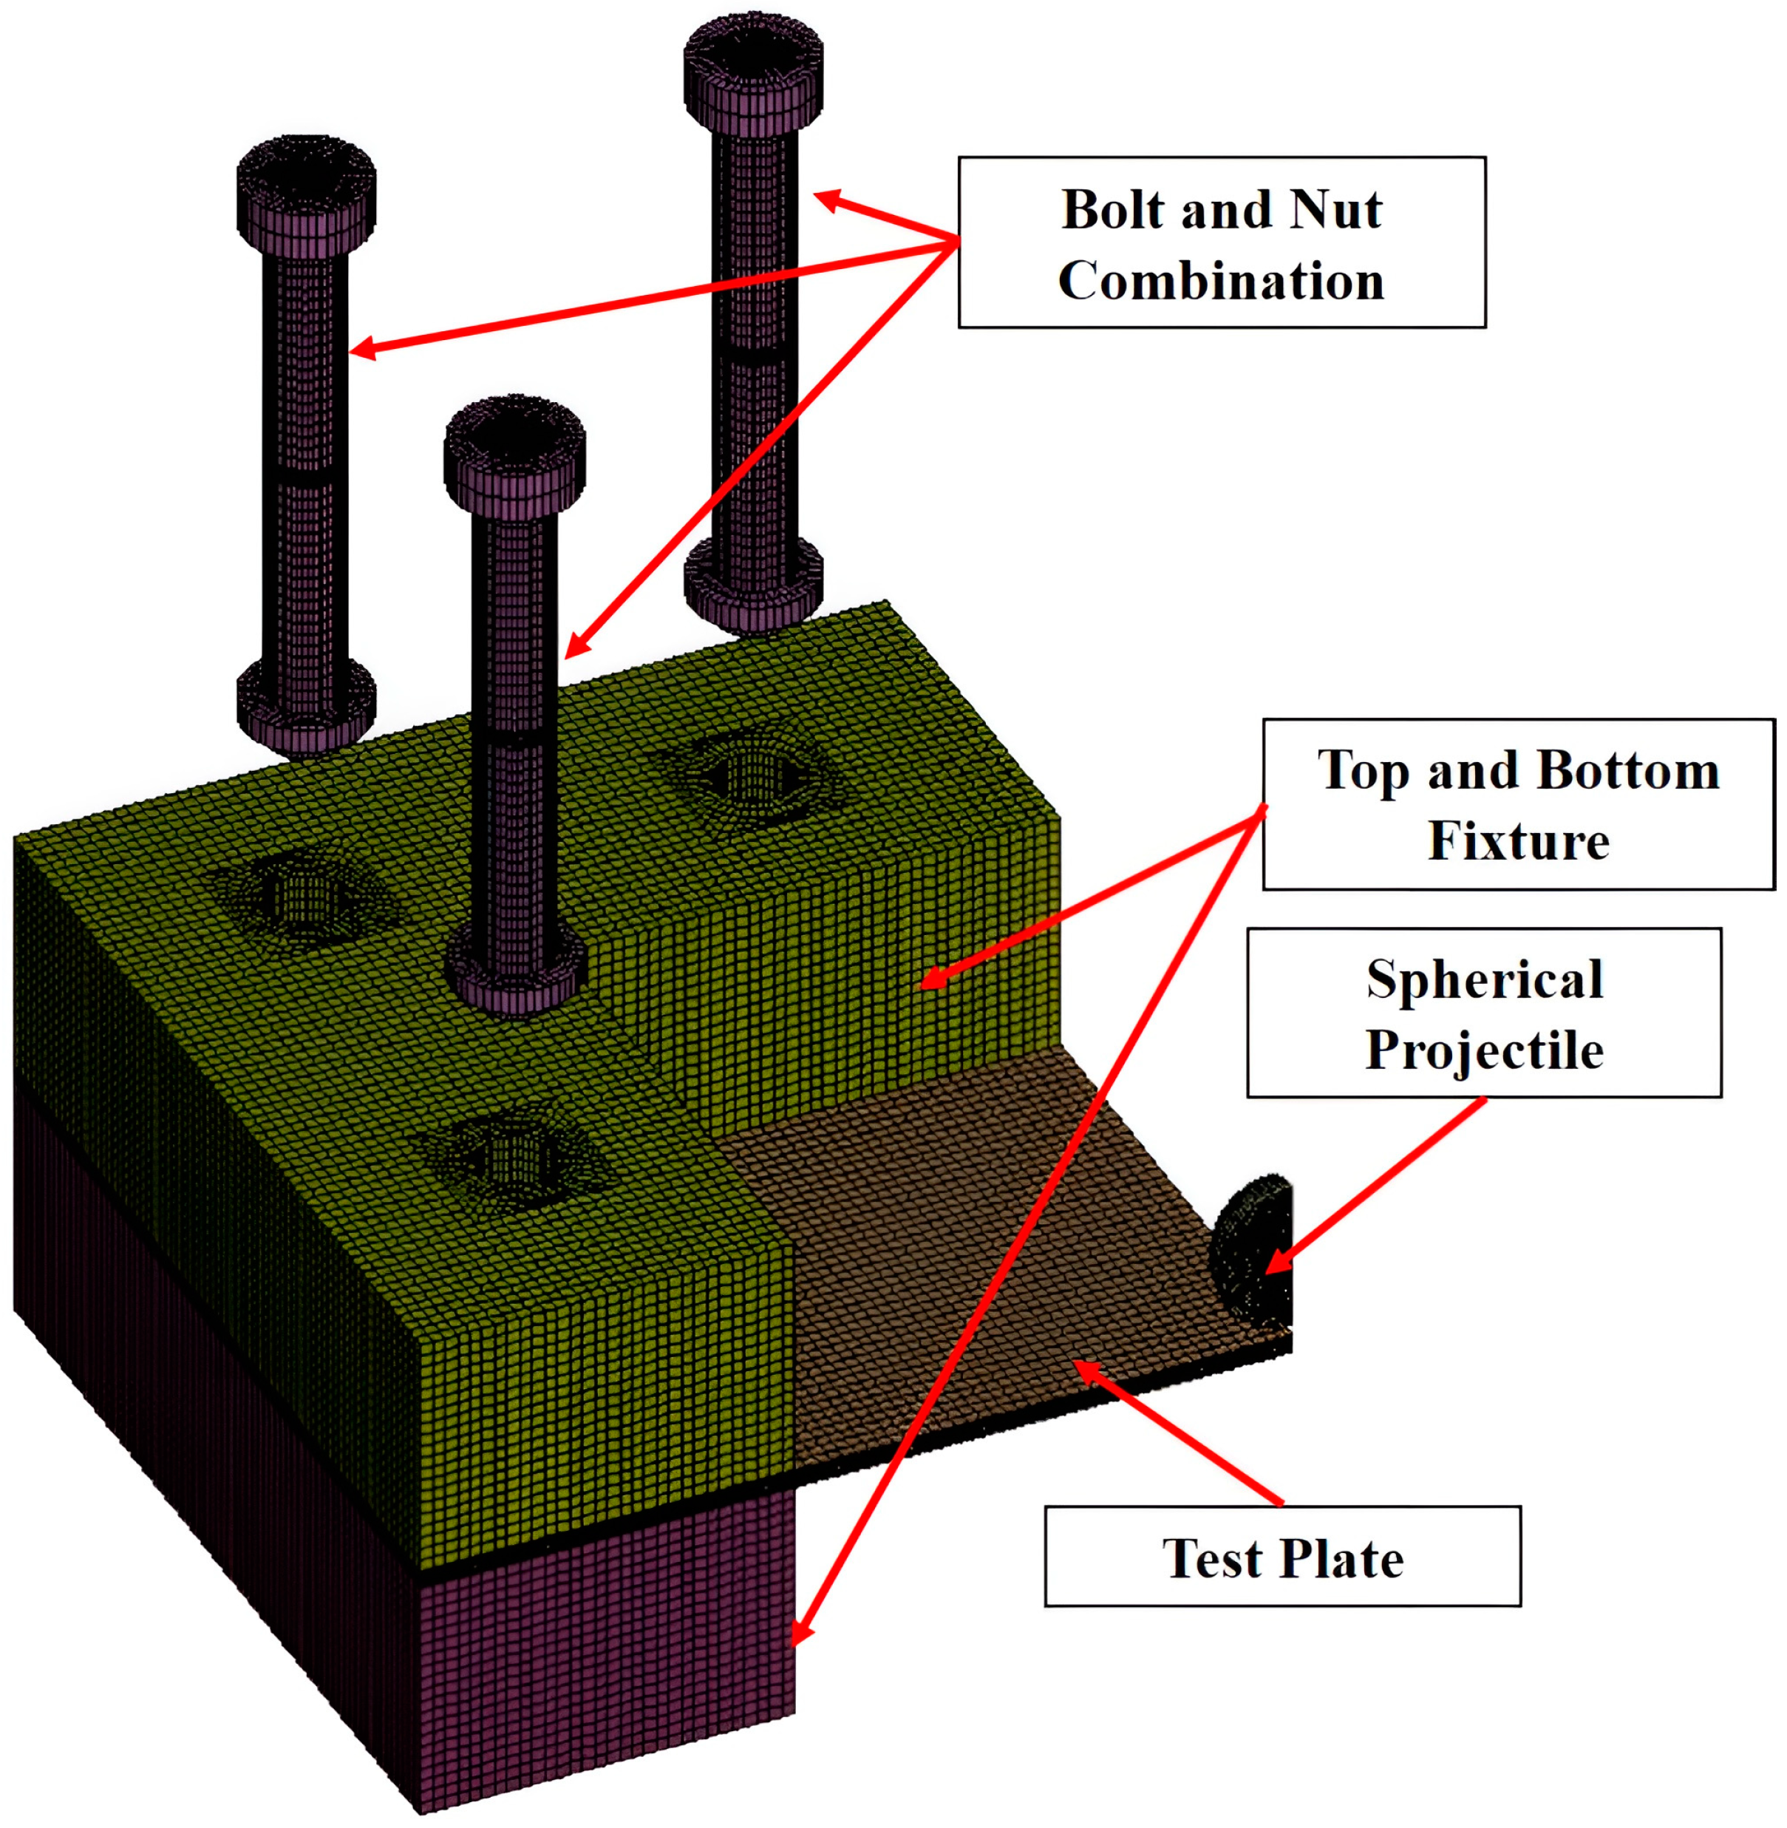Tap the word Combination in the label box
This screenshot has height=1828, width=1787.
point(1221,282)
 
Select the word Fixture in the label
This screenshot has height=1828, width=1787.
point(1518,840)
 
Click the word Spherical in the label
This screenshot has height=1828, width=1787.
point(1485,979)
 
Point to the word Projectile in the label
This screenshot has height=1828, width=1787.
point(1484,1050)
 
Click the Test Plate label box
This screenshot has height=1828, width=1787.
point(1282,1558)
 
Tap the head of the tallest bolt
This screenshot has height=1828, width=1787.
point(753,75)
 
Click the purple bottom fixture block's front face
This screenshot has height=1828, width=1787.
point(610,1652)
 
